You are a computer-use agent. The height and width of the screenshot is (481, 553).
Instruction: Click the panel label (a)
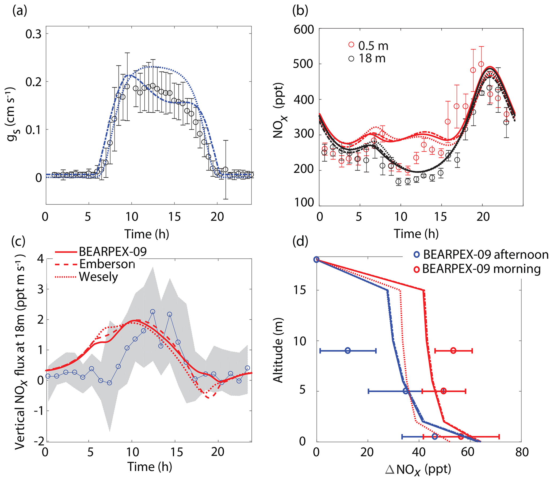click(x=20, y=11)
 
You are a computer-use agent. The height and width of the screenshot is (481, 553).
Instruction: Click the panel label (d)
click(x=300, y=242)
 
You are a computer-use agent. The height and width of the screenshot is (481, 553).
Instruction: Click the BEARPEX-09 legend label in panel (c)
click(x=113, y=251)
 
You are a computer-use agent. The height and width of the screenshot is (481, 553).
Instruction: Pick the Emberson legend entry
click(x=106, y=264)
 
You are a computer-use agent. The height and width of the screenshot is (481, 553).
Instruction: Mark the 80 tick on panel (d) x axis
click(x=522, y=452)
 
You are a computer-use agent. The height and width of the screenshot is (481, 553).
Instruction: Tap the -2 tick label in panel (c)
click(x=39, y=441)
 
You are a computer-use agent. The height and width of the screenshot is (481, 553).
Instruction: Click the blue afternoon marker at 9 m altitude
click(x=348, y=350)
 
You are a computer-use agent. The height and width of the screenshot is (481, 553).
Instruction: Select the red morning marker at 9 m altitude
click(x=453, y=350)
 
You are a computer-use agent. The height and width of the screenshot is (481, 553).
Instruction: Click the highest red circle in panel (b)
click(x=481, y=64)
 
